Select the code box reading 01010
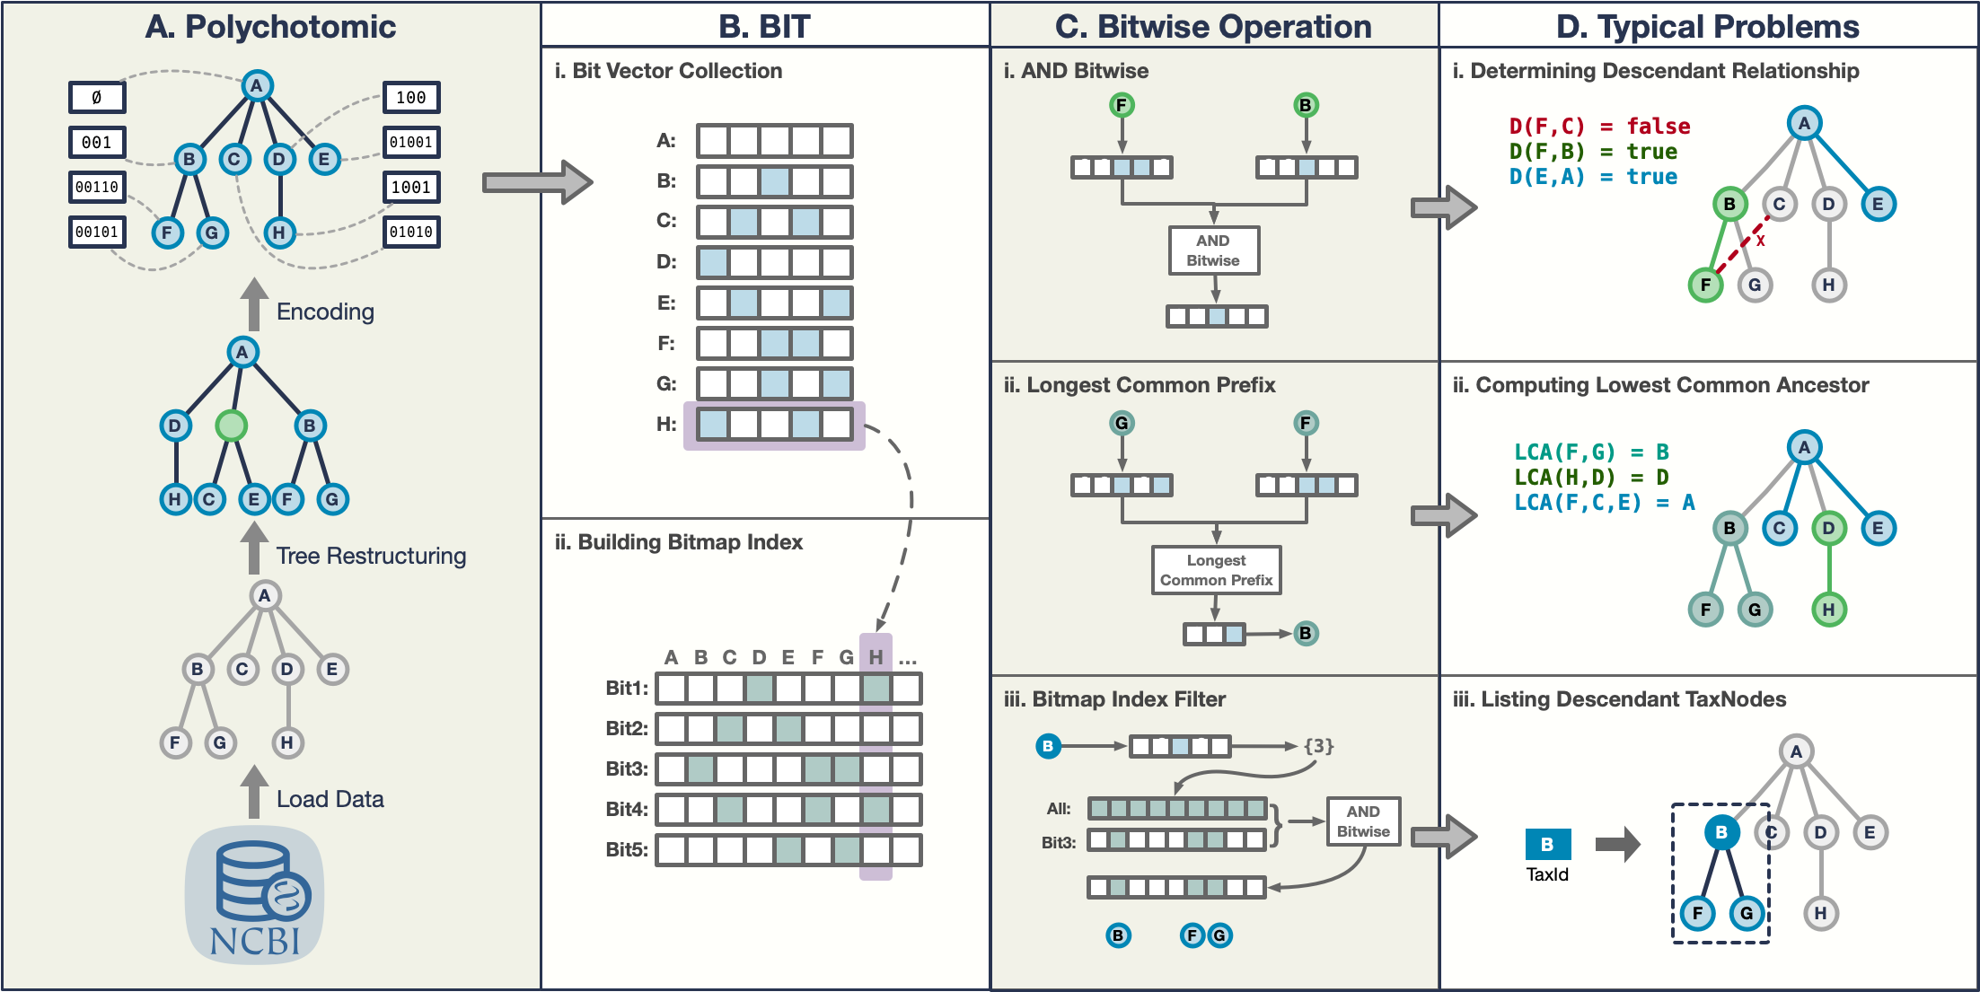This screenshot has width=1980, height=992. pyautogui.click(x=411, y=232)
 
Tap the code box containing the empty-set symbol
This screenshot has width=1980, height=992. pyautogui.click(x=97, y=97)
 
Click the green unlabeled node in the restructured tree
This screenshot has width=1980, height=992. pyautogui.click(x=231, y=426)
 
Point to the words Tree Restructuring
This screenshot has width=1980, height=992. pyautogui.click(x=371, y=556)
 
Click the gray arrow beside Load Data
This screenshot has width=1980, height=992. pyautogui.click(x=255, y=792)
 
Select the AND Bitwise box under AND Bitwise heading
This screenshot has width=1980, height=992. pyautogui.click(x=1213, y=250)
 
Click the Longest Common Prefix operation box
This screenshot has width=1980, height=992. pyautogui.click(x=1216, y=570)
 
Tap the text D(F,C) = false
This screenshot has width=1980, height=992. pyautogui.click(x=1599, y=127)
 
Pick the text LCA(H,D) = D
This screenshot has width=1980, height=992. pyautogui.click(x=1591, y=477)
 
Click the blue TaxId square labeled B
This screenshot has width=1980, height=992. pyautogui.click(x=1547, y=844)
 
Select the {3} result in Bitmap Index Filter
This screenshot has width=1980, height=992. pyautogui.click(x=1318, y=745)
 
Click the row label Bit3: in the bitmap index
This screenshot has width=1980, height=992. pyautogui.click(x=626, y=768)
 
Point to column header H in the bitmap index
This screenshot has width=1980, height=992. pyautogui.click(x=876, y=657)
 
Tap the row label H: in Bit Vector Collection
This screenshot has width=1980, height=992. pyautogui.click(x=665, y=424)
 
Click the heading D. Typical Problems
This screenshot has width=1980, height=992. pyautogui.click(x=1707, y=26)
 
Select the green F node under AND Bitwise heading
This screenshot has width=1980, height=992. pyautogui.click(x=1121, y=105)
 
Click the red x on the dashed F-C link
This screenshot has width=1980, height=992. pyautogui.click(x=1760, y=241)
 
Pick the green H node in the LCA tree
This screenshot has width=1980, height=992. pyautogui.click(x=1828, y=610)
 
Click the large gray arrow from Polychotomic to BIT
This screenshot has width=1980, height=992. pyautogui.click(x=537, y=182)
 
